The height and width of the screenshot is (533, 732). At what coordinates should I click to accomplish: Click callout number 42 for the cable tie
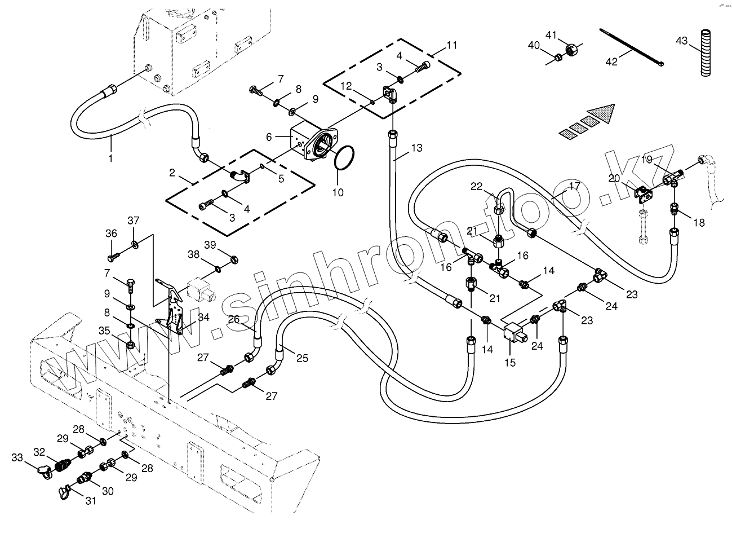coord(611,61)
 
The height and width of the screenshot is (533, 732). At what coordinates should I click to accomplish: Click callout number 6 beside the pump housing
coord(269,136)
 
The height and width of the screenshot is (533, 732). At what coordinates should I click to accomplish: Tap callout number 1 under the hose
coord(110,158)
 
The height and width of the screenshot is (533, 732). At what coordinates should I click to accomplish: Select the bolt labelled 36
coord(112,257)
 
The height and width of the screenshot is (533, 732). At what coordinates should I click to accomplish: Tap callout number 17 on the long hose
coord(574,186)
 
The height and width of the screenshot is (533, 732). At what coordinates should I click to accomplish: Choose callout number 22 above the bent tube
coord(477,187)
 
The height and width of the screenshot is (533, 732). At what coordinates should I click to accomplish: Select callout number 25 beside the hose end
coord(303,358)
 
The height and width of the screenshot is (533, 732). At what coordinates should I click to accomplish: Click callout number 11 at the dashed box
coord(452,45)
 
